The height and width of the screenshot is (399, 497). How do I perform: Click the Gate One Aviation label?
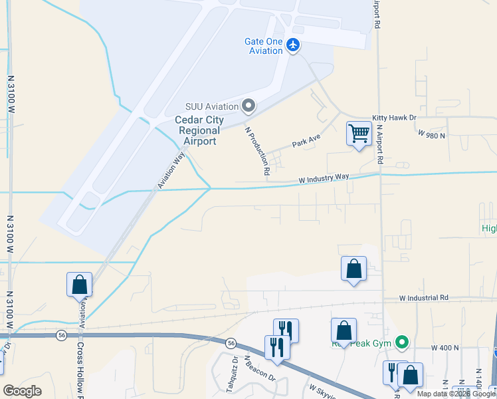264,46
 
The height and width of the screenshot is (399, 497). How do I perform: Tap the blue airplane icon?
294,45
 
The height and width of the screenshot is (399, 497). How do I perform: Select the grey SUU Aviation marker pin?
249,106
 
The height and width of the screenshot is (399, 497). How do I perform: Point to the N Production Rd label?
257,151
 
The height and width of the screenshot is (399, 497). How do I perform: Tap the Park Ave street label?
306,142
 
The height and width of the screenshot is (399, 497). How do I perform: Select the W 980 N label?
432,134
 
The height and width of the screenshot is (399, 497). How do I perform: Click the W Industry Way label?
324,178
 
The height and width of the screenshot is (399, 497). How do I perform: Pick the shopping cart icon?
359,133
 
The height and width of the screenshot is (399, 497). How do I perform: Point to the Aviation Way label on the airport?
171,170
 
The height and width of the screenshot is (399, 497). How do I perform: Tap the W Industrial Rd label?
424,298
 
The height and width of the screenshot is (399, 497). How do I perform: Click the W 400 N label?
445,348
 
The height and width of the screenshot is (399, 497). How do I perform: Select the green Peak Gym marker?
401,342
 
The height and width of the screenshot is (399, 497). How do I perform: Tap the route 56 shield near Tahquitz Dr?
231,343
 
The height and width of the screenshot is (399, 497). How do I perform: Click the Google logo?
23,391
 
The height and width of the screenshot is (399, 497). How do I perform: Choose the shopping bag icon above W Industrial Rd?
353,269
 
